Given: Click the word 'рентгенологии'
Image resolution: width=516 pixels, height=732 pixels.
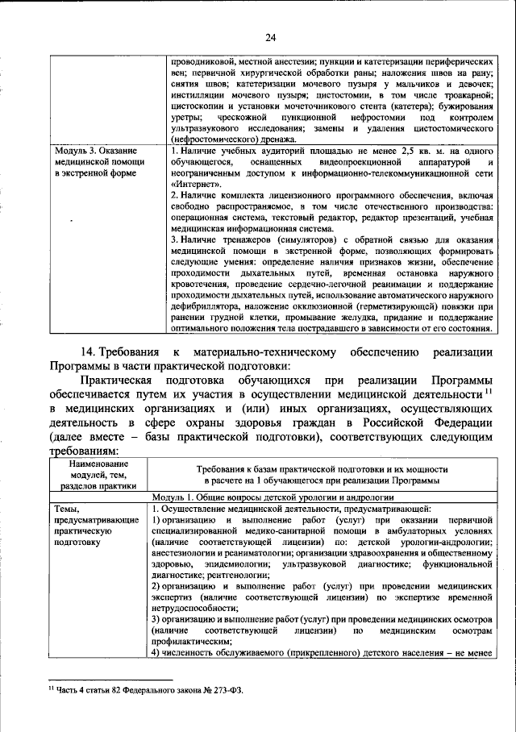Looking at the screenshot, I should [x=233, y=576].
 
